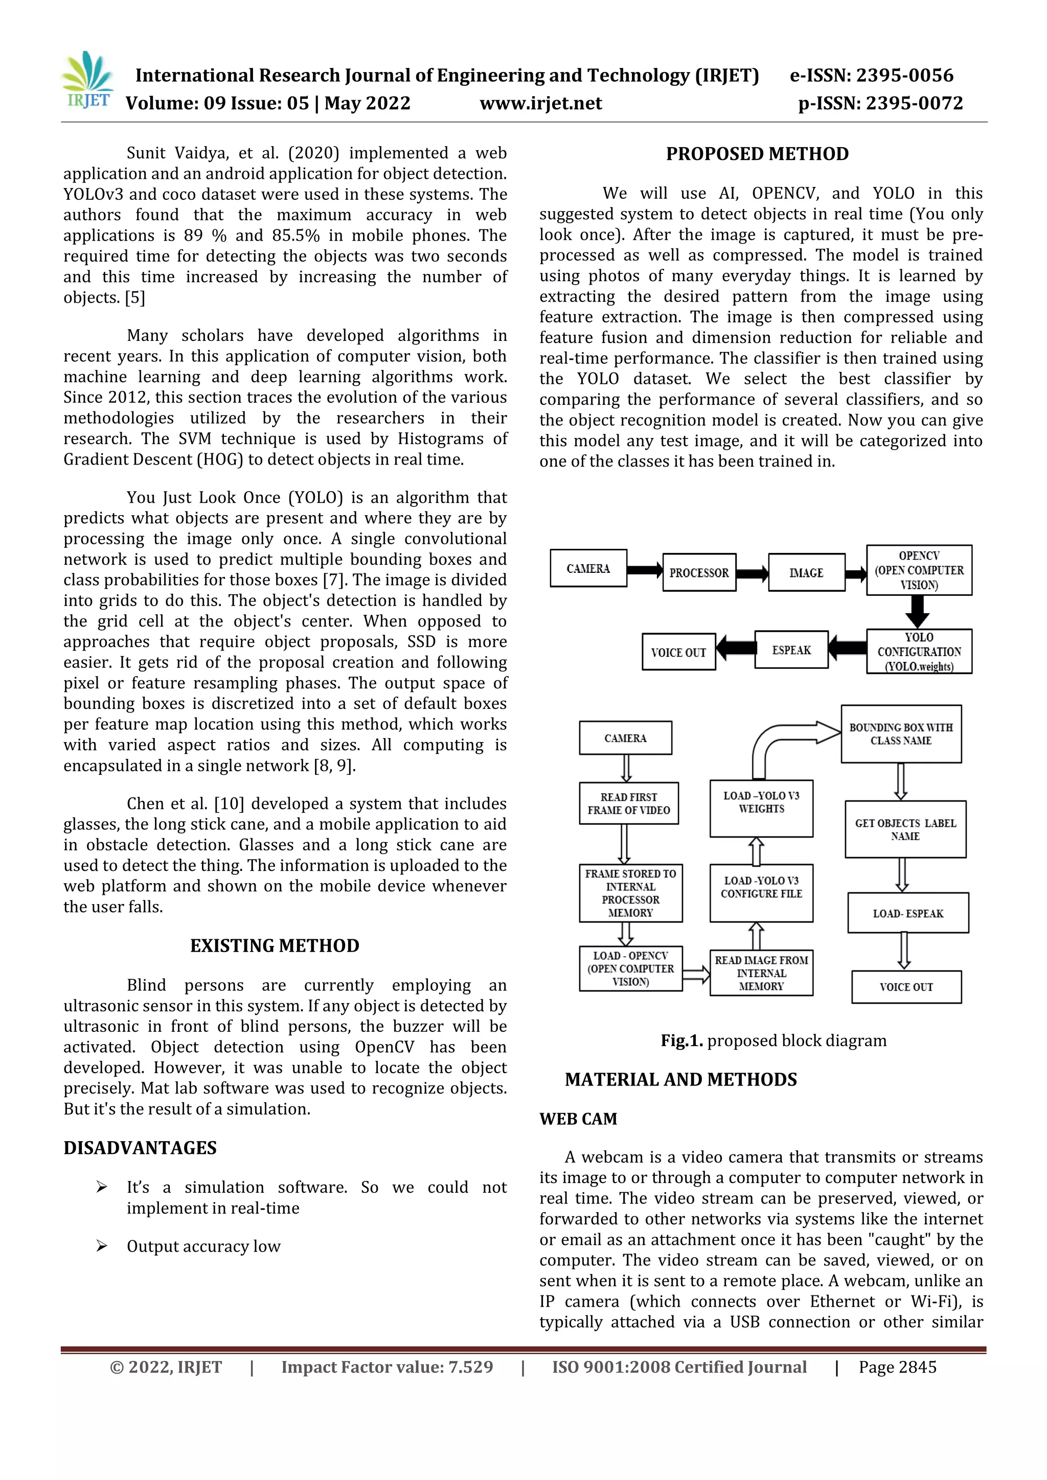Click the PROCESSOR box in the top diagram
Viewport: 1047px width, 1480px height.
(x=699, y=572)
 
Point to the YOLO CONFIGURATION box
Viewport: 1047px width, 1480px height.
(x=919, y=652)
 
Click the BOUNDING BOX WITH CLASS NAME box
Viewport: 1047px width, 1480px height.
(x=901, y=733)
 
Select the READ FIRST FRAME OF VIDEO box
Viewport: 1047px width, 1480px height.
(x=629, y=803)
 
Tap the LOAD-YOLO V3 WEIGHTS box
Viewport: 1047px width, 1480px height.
(x=761, y=808)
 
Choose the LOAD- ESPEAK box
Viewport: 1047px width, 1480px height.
(x=908, y=913)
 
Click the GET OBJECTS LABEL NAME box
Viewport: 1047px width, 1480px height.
(x=905, y=829)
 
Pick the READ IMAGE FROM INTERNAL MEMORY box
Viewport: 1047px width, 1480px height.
(x=761, y=973)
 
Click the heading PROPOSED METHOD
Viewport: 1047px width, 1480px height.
(x=757, y=154)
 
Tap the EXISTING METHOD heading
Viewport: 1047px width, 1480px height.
(x=275, y=945)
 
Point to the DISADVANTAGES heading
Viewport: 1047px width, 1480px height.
(x=140, y=1147)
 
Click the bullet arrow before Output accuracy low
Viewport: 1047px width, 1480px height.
(x=101, y=1245)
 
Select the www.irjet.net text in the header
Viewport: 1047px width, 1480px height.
(x=540, y=103)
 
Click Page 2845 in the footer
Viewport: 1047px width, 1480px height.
(x=897, y=1367)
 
